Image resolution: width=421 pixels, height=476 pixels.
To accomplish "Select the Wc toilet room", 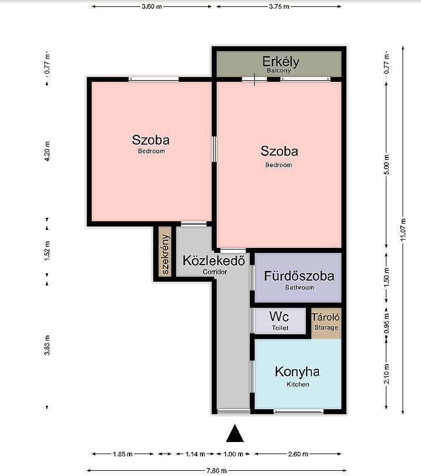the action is coord(280,320).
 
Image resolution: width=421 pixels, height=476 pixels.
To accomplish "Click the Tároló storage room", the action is coord(326,323).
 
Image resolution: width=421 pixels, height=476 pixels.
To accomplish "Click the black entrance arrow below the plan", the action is coord(235,433).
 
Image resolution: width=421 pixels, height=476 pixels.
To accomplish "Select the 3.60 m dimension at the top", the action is coord(152,6).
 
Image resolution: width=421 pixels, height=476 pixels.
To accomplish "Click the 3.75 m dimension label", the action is coord(279,6).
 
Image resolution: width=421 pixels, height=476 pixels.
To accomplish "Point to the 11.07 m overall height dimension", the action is coord(403,230).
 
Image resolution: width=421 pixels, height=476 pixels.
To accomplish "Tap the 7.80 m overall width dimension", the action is coord(217,471).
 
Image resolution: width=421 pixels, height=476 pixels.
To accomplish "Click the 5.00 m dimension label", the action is coord(386,165).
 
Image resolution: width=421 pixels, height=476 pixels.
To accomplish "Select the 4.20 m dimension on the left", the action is coord(47,151).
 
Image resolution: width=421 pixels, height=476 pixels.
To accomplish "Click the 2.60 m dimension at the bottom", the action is coord(298,454).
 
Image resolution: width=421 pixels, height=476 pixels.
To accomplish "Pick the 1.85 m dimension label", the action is coord(123,454).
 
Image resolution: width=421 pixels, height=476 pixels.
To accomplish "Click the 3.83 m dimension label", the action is coord(47,345).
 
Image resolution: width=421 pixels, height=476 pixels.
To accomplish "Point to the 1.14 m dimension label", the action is coord(196,454).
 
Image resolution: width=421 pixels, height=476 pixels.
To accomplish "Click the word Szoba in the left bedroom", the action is coord(151,140).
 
